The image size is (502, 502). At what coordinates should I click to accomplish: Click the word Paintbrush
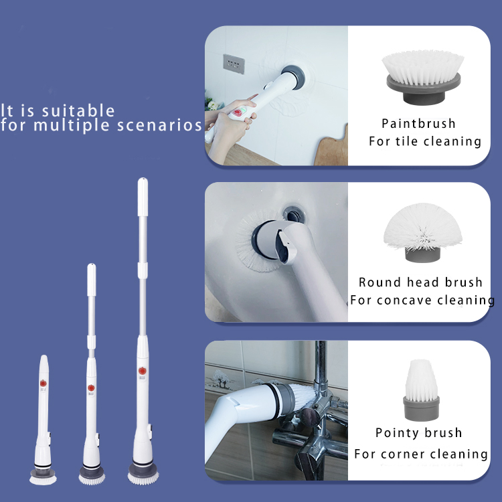[x=418, y=124]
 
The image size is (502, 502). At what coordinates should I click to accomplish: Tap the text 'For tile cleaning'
[x=425, y=141]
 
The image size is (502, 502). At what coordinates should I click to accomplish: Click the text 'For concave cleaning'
[x=422, y=300]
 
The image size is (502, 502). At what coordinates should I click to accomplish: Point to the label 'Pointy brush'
[x=418, y=433]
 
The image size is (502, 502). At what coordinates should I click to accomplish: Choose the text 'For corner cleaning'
[x=421, y=454]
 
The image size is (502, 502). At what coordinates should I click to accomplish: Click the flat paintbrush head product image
[x=421, y=78]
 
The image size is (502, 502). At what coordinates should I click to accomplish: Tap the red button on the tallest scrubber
[x=142, y=370]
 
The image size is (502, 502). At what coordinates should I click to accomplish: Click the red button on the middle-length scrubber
[x=91, y=388]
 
